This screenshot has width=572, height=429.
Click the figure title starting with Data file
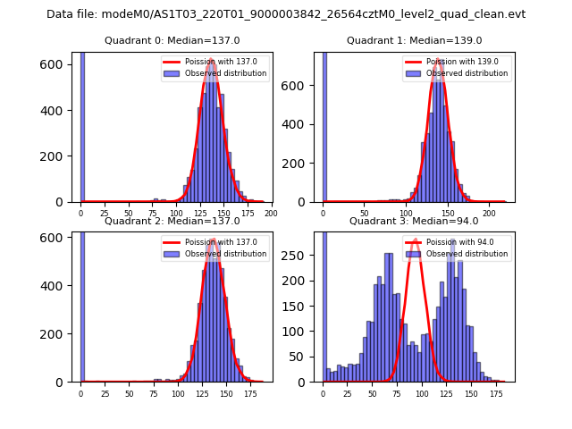coord(286,14)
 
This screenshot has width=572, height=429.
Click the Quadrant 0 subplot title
coord(172,40)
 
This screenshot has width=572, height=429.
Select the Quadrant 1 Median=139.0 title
coord(414,40)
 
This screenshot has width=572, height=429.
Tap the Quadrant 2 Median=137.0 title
coord(172,221)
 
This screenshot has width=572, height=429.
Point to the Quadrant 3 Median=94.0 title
coord(414,221)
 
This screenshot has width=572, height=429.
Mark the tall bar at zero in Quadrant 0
coord(82,125)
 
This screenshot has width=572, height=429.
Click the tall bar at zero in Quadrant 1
coord(324,125)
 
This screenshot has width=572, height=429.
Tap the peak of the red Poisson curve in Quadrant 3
coord(415,240)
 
